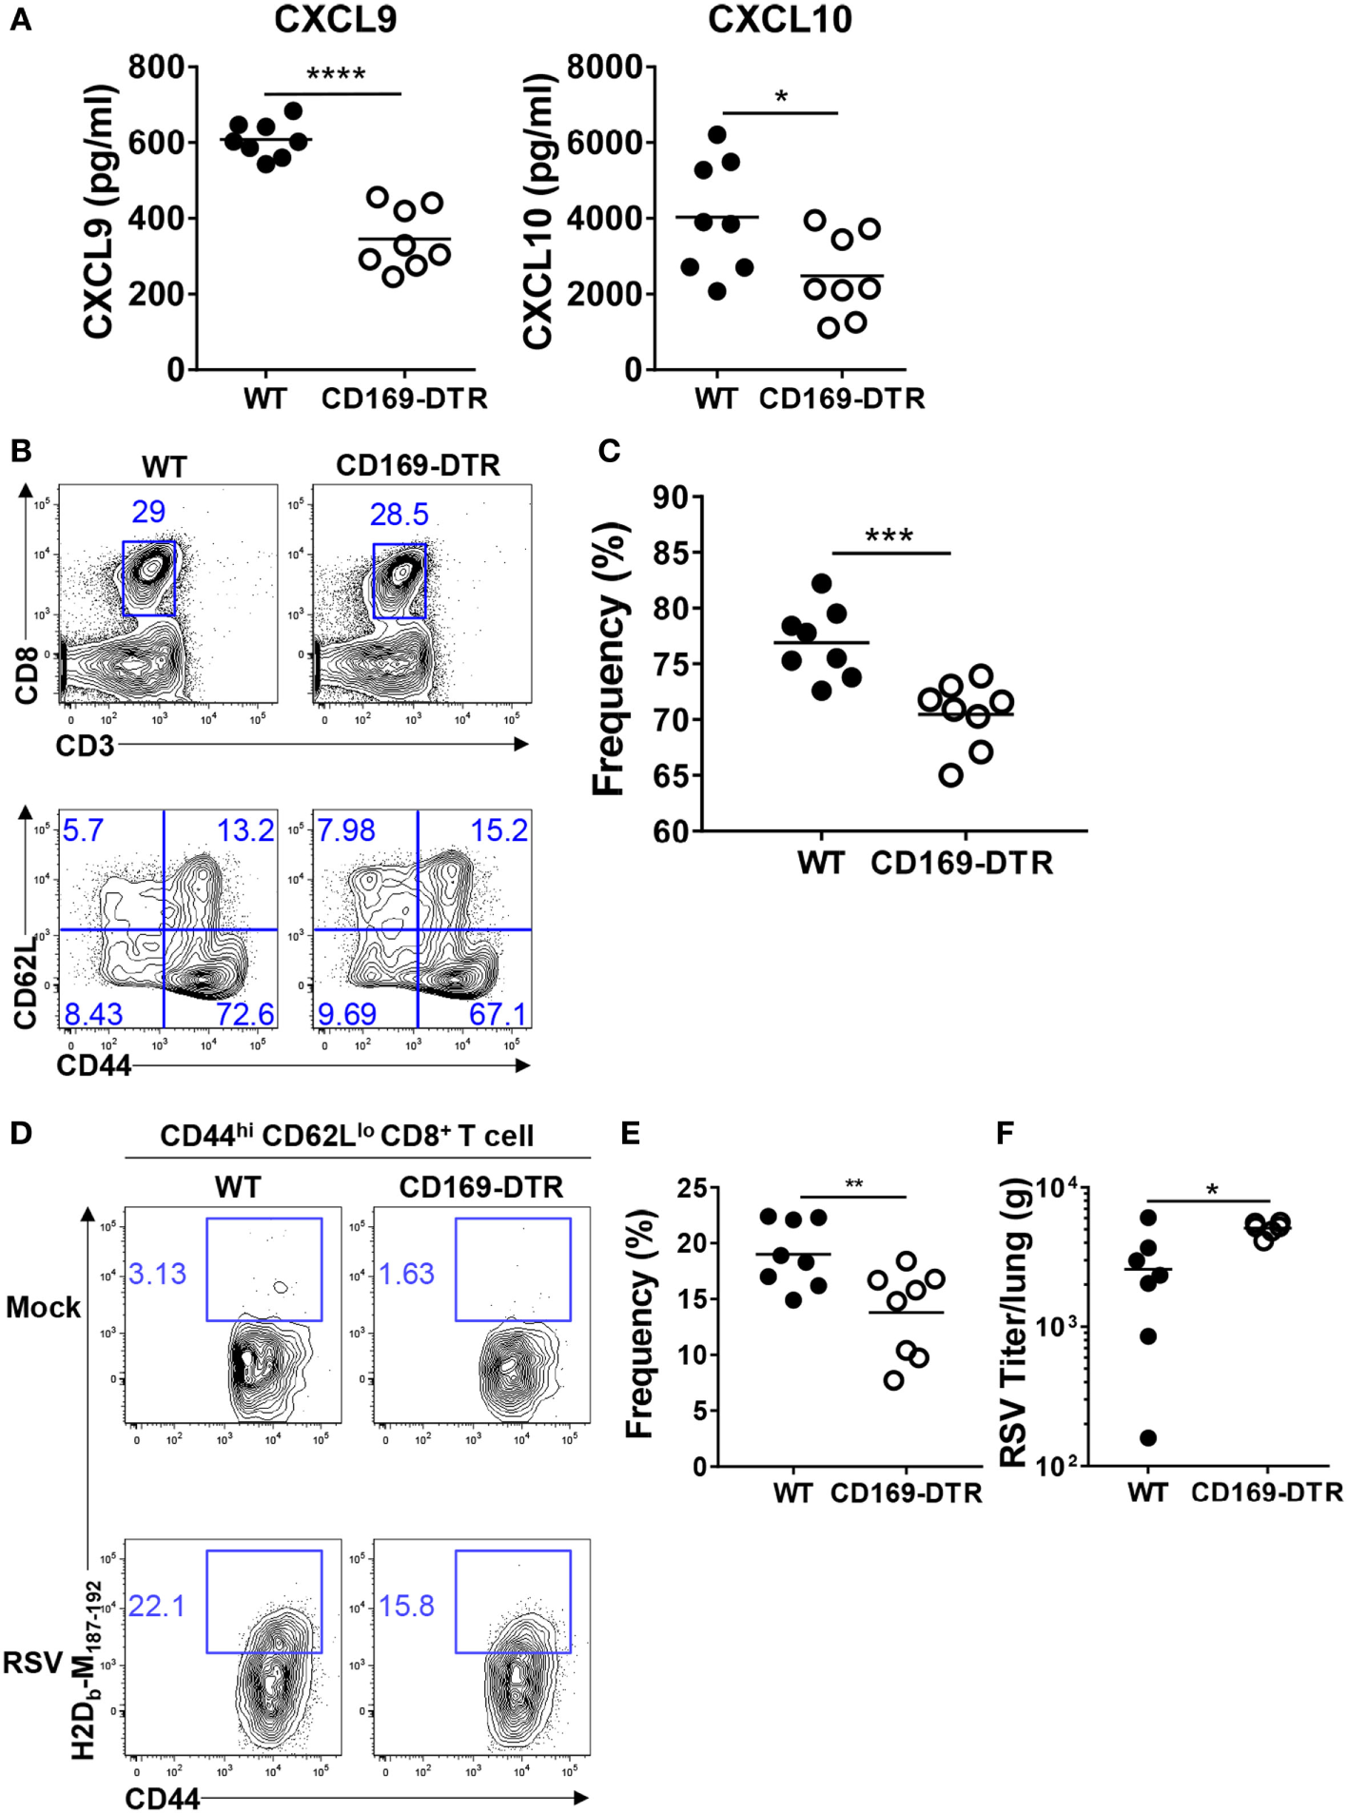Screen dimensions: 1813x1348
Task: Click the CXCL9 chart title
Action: (335, 20)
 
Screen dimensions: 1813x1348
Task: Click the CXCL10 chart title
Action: (779, 20)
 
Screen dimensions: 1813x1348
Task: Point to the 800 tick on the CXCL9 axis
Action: (157, 68)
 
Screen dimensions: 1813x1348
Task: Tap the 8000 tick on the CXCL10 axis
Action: (605, 68)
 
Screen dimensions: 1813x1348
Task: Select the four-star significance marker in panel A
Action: (336, 75)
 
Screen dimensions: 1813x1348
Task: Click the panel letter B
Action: (21, 450)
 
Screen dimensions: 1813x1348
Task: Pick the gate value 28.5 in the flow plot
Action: (399, 515)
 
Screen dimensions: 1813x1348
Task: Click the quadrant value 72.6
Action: (244, 1014)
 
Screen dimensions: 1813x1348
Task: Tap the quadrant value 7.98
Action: (345, 830)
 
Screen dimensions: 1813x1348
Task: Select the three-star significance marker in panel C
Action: (889, 536)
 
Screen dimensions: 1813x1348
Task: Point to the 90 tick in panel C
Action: (672, 497)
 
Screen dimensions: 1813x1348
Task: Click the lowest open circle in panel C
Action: (951, 775)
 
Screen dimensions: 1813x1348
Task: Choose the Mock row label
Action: (43, 1308)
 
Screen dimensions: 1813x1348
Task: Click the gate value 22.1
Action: (157, 1607)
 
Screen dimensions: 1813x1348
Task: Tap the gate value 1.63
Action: (406, 1274)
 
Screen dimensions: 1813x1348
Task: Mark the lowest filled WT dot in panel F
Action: (1148, 1438)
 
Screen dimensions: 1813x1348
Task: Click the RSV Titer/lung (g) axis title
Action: (1014, 1323)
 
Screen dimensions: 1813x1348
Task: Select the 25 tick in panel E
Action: (692, 1188)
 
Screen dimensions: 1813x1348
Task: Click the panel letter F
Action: (1005, 1133)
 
